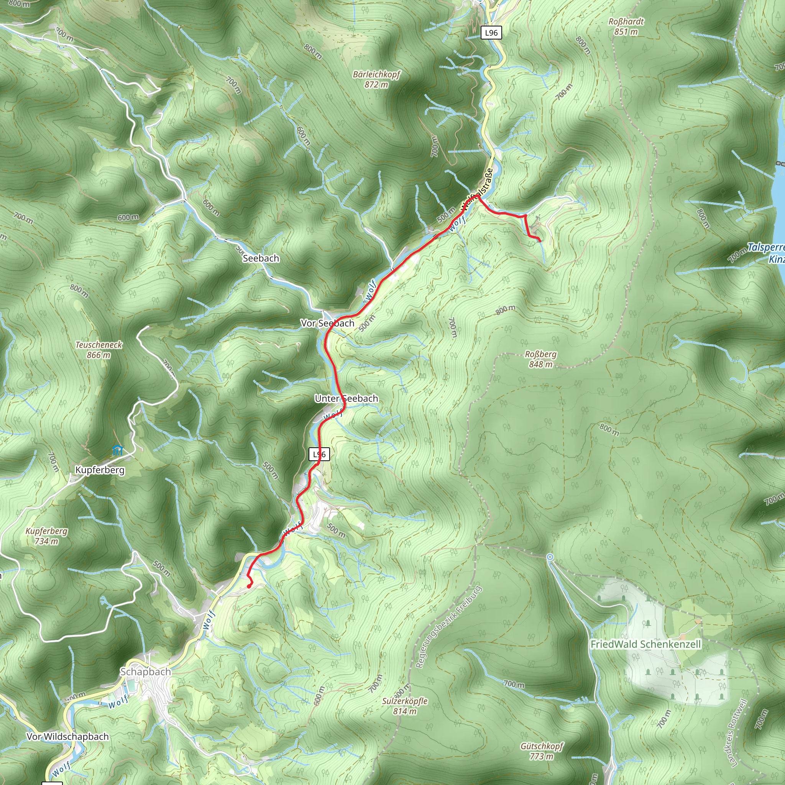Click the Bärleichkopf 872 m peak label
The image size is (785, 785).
(376, 79)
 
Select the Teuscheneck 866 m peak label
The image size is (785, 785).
(99, 350)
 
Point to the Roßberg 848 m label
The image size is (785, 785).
(540, 359)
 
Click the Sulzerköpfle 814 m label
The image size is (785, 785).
(405, 706)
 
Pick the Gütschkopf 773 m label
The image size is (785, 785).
(542, 751)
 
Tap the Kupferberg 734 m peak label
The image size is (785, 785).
(46, 536)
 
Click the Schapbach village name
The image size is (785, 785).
(145, 672)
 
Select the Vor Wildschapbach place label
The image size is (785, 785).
(67, 737)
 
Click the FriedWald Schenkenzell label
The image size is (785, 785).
(645, 644)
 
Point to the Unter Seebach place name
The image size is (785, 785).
(346, 399)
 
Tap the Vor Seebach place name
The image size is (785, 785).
(327, 323)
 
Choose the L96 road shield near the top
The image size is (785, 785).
(491, 33)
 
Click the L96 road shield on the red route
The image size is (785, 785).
(319, 454)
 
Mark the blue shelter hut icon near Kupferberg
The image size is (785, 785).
(117, 450)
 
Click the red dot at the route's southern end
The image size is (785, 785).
(249, 586)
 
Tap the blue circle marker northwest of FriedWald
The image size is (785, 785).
(550, 557)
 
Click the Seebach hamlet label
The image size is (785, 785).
(261, 258)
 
